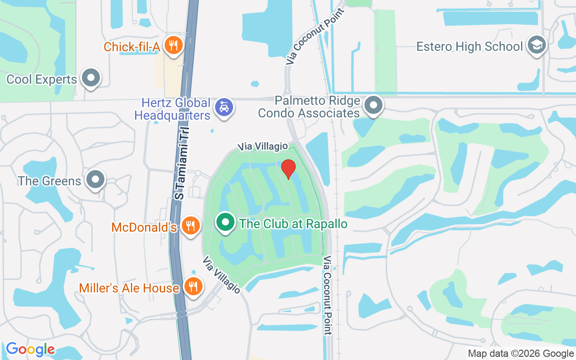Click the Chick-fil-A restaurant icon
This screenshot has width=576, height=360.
172,45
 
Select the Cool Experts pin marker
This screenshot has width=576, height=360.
91,78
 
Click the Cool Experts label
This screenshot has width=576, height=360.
41,80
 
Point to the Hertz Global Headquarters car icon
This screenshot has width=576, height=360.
224,107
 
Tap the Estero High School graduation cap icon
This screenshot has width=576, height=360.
537,45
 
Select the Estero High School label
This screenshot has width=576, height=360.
469,46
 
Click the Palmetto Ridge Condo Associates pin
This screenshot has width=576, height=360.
373,106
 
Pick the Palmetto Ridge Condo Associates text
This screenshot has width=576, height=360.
309,107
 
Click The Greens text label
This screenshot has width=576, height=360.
49,181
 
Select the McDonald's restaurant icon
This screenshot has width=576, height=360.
191,225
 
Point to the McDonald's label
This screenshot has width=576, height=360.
144,227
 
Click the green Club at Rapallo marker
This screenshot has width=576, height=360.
225,222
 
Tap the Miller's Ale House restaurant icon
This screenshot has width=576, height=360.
193,286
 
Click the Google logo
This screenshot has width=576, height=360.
30,349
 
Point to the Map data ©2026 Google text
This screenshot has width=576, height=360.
521,354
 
